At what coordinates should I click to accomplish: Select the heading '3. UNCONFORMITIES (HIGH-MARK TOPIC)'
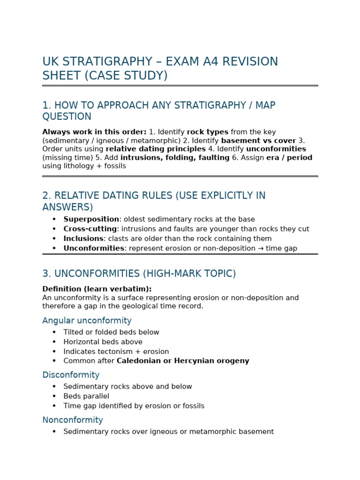click(139, 274)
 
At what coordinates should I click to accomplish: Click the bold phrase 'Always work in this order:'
click(94, 132)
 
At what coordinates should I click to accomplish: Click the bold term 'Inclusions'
click(83, 239)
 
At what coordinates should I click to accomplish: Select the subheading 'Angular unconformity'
click(87, 321)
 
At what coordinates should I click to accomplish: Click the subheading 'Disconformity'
click(71, 375)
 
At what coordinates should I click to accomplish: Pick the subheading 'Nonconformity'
click(73, 420)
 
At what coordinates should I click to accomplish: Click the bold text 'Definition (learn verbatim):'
click(97, 289)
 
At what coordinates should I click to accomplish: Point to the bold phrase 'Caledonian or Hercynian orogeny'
click(183, 361)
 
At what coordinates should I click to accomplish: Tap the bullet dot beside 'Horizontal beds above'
click(54, 342)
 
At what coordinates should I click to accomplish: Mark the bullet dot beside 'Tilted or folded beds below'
click(54, 332)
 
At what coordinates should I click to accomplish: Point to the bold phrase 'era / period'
click(289, 157)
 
